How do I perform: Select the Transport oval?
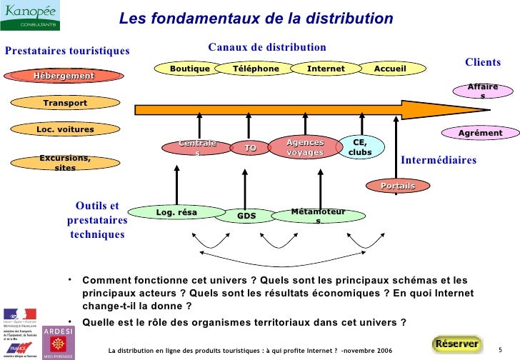click(65, 104)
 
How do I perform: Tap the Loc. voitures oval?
click(65, 130)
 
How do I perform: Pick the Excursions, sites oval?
click(65, 162)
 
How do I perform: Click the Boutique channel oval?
click(190, 69)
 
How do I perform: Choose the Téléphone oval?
click(256, 69)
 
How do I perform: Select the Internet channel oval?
click(326, 69)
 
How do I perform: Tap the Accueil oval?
click(390, 69)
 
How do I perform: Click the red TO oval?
click(250, 149)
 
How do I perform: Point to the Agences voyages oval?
click(305, 148)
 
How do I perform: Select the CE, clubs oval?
click(361, 147)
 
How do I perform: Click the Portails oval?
click(398, 186)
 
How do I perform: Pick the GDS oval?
click(246, 216)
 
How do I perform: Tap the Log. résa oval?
click(176, 212)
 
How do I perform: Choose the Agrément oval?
click(480, 133)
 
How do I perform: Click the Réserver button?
click(456, 344)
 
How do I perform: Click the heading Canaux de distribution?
click(266, 47)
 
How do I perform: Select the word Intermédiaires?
click(438, 160)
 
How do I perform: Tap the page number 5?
click(500, 349)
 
